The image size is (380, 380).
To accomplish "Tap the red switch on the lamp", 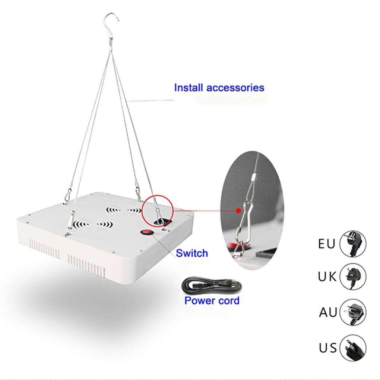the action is click(x=147, y=233).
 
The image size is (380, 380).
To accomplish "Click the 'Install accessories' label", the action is click(x=219, y=88).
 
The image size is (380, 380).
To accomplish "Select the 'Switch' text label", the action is click(x=192, y=253).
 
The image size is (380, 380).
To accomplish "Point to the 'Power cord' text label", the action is click(x=212, y=300).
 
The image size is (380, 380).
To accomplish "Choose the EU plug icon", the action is click(x=353, y=244).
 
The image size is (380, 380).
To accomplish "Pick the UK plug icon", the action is click(x=353, y=277).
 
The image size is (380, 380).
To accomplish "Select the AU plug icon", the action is click(x=353, y=312).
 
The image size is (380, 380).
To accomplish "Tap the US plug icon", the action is click(x=353, y=348).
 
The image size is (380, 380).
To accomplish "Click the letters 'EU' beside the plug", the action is click(x=327, y=244).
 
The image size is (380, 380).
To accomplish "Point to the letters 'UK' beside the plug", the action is click(x=327, y=277).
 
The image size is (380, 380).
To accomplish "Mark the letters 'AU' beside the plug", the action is click(x=328, y=312).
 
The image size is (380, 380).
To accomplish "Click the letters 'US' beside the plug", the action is click(x=328, y=348).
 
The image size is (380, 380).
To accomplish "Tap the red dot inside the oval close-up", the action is click(x=239, y=211).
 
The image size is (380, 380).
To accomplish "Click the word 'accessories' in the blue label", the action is click(x=235, y=88).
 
